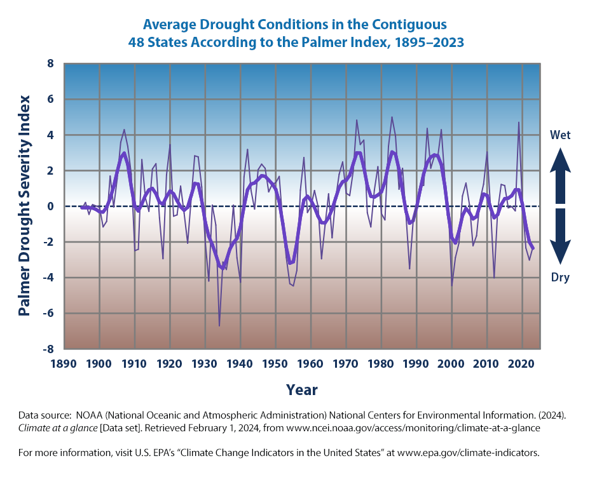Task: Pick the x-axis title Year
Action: (302, 389)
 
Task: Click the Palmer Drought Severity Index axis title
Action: (25, 206)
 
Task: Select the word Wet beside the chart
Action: (559, 135)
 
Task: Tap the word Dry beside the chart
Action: (559, 278)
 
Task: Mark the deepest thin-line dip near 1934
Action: (219, 326)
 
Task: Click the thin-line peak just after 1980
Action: (392, 118)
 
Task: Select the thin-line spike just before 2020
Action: (519, 123)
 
